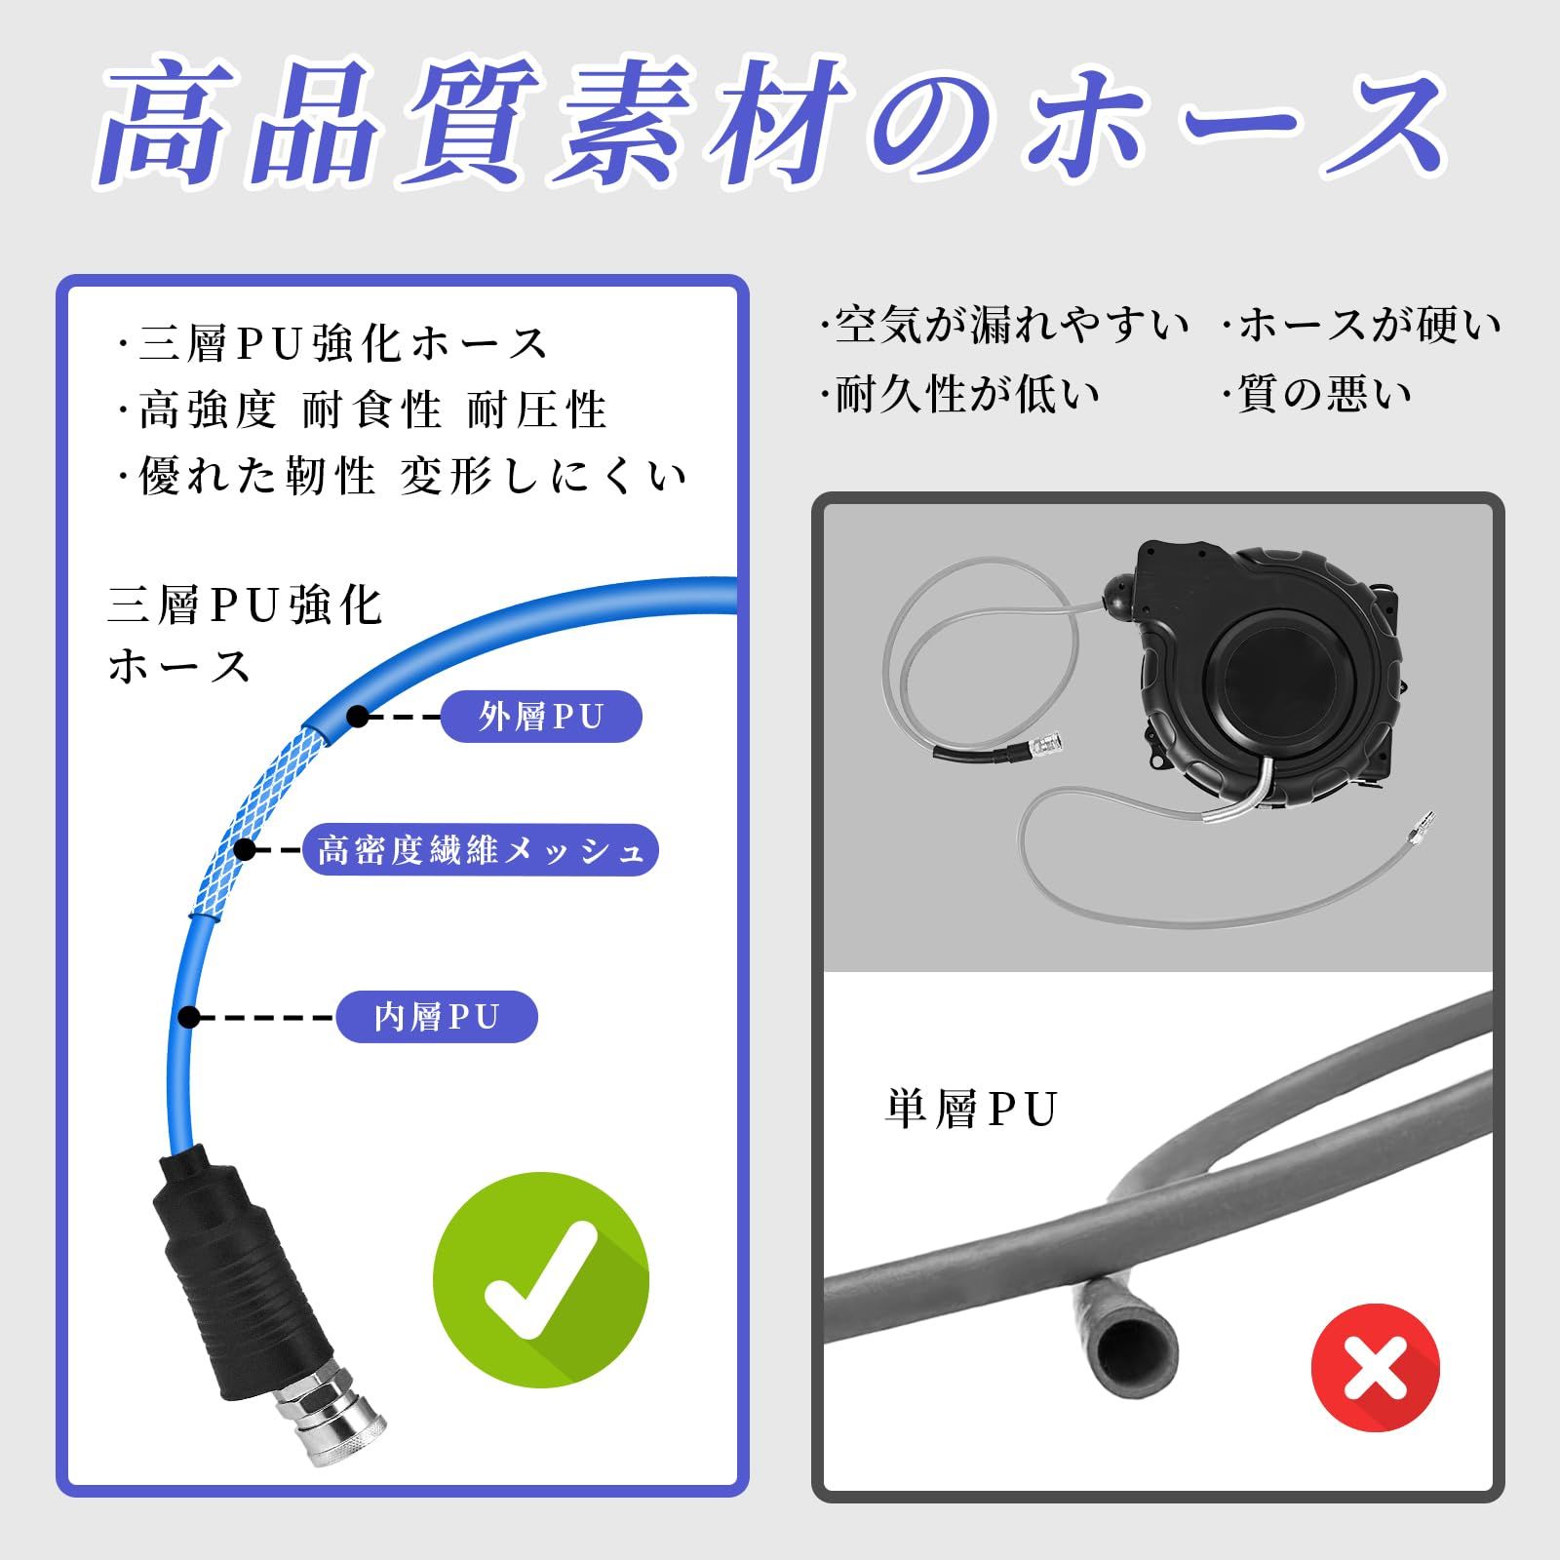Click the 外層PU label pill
pos(541,717)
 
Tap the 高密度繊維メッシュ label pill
pos(481,850)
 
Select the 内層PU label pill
pos(437,1017)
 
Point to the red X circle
pos(1375,1367)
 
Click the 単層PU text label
pos(971,1110)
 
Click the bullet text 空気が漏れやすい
pos(1004,325)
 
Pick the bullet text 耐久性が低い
pos(960,394)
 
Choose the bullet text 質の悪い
pos(1316,394)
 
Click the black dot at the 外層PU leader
pos(358,717)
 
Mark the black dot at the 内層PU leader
pos(190,1017)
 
